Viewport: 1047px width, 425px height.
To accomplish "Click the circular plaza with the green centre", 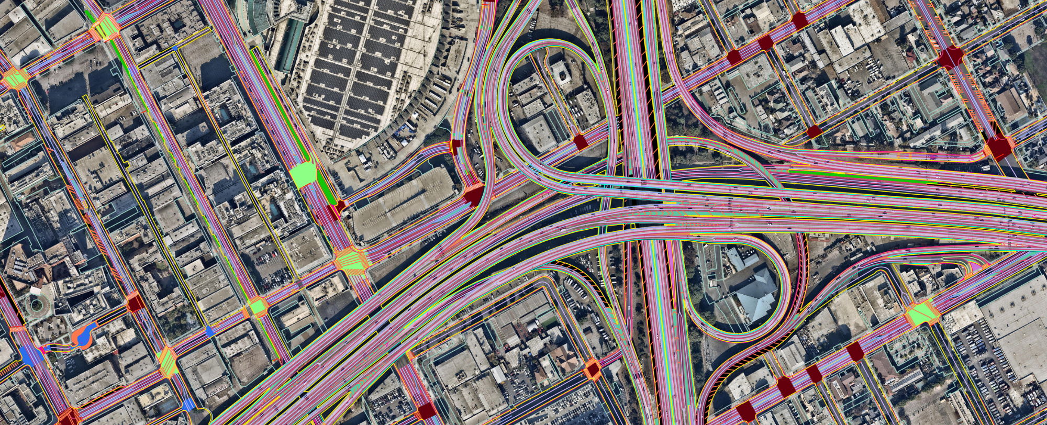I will point(36,304).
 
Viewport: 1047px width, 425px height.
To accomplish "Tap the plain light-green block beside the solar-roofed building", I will point(303,176).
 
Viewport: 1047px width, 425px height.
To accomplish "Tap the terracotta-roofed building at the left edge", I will point(21,141).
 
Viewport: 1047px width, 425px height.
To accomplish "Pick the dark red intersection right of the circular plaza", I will point(136,303).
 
